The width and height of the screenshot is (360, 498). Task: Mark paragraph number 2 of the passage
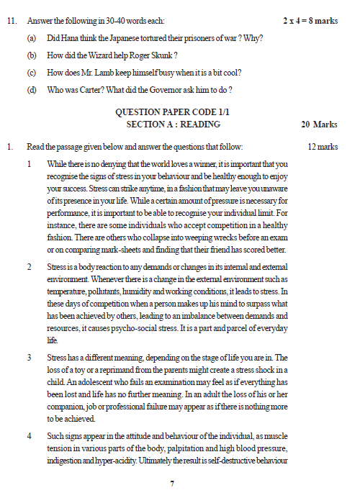[30, 267]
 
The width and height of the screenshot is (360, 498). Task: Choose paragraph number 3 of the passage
[30, 358]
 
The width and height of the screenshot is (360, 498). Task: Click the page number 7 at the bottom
[172, 484]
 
